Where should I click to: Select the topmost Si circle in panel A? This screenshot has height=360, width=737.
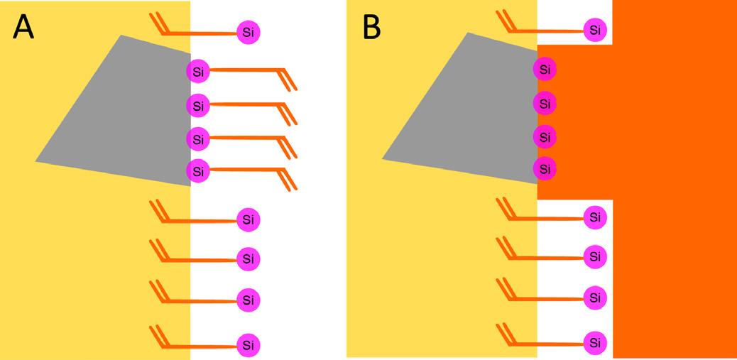248,32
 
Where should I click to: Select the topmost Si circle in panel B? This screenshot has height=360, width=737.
595,30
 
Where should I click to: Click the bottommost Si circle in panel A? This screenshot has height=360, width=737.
248,346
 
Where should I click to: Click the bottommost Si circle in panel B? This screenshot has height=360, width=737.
595,343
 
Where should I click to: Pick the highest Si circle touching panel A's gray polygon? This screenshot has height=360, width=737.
198,71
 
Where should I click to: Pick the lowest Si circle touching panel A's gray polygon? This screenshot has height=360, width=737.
198,170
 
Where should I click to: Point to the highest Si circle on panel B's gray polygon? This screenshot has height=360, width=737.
545,70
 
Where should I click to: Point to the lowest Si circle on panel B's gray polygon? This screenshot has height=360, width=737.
545,168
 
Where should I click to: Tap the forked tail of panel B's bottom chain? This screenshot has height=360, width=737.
507,333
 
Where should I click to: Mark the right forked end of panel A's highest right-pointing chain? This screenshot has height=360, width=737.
288,78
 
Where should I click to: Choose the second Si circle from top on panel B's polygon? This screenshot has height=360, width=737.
545,104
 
